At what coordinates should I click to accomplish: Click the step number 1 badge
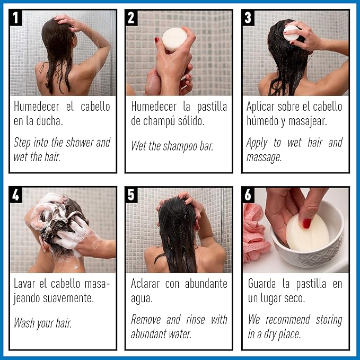coord(16,17)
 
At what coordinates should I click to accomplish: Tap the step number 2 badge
coord(132,17)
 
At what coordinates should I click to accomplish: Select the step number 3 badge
coord(248,17)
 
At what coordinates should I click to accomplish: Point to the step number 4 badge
coord(16,195)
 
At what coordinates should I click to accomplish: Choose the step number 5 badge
coord(132,195)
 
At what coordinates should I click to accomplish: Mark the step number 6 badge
coord(248,195)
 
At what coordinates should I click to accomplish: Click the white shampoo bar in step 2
coord(174,39)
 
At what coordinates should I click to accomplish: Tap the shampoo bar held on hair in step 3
coord(291,32)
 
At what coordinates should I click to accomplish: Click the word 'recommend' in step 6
coord(293,320)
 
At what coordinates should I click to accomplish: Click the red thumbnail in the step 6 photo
coord(306,223)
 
